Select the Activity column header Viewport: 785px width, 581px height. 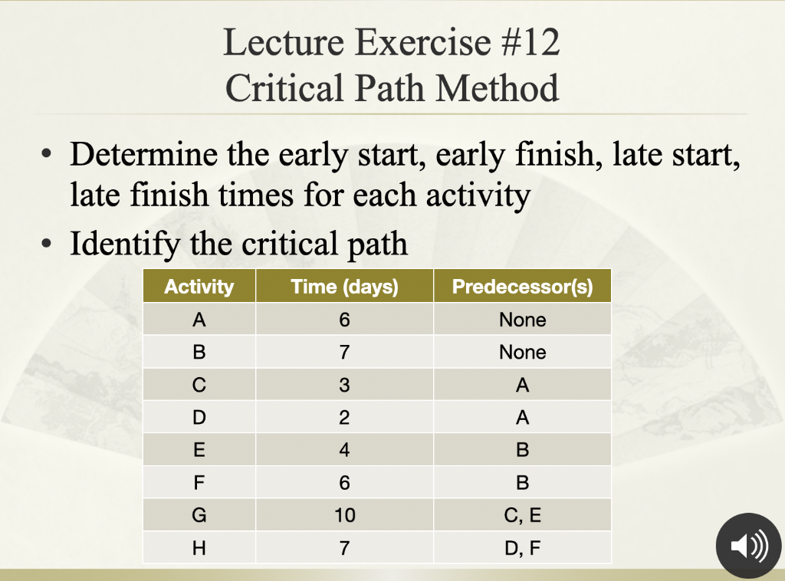(199, 287)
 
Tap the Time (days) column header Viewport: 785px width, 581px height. (344, 287)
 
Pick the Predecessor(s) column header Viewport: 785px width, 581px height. (522, 287)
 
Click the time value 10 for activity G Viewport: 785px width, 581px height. (344, 516)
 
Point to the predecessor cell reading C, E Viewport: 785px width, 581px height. (522, 516)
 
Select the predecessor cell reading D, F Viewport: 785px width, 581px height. (522, 549)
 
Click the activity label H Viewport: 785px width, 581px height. (199, 549)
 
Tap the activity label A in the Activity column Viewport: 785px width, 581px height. (199, 320)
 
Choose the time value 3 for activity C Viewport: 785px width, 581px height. (344, 386)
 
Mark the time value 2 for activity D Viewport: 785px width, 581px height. (344, 419)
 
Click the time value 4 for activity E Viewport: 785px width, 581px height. (344, 451)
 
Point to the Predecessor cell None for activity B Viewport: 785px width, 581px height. (522, 353)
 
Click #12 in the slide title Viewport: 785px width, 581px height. (532, 43)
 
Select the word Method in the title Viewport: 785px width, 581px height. (498, 88)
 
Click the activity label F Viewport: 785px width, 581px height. (199, 483)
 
